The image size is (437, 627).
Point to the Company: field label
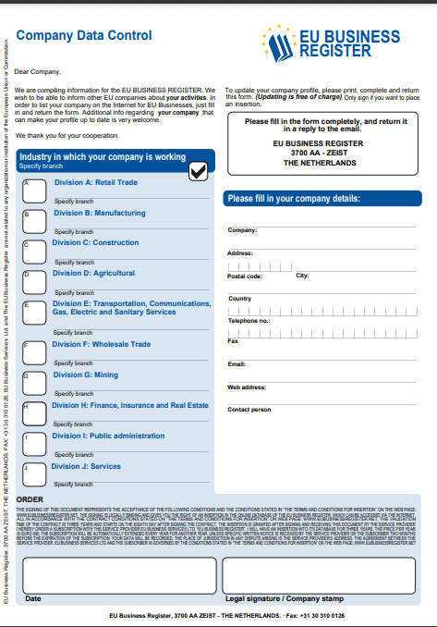pos(242,230)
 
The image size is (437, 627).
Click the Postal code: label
pos(245,277)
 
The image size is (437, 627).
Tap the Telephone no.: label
pos(249,320)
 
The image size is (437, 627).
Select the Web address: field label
pos(247,387)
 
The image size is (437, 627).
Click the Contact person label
pos(249,409)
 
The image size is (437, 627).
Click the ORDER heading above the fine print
pos(30,499)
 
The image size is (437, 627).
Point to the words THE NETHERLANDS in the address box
pos(320,163)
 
